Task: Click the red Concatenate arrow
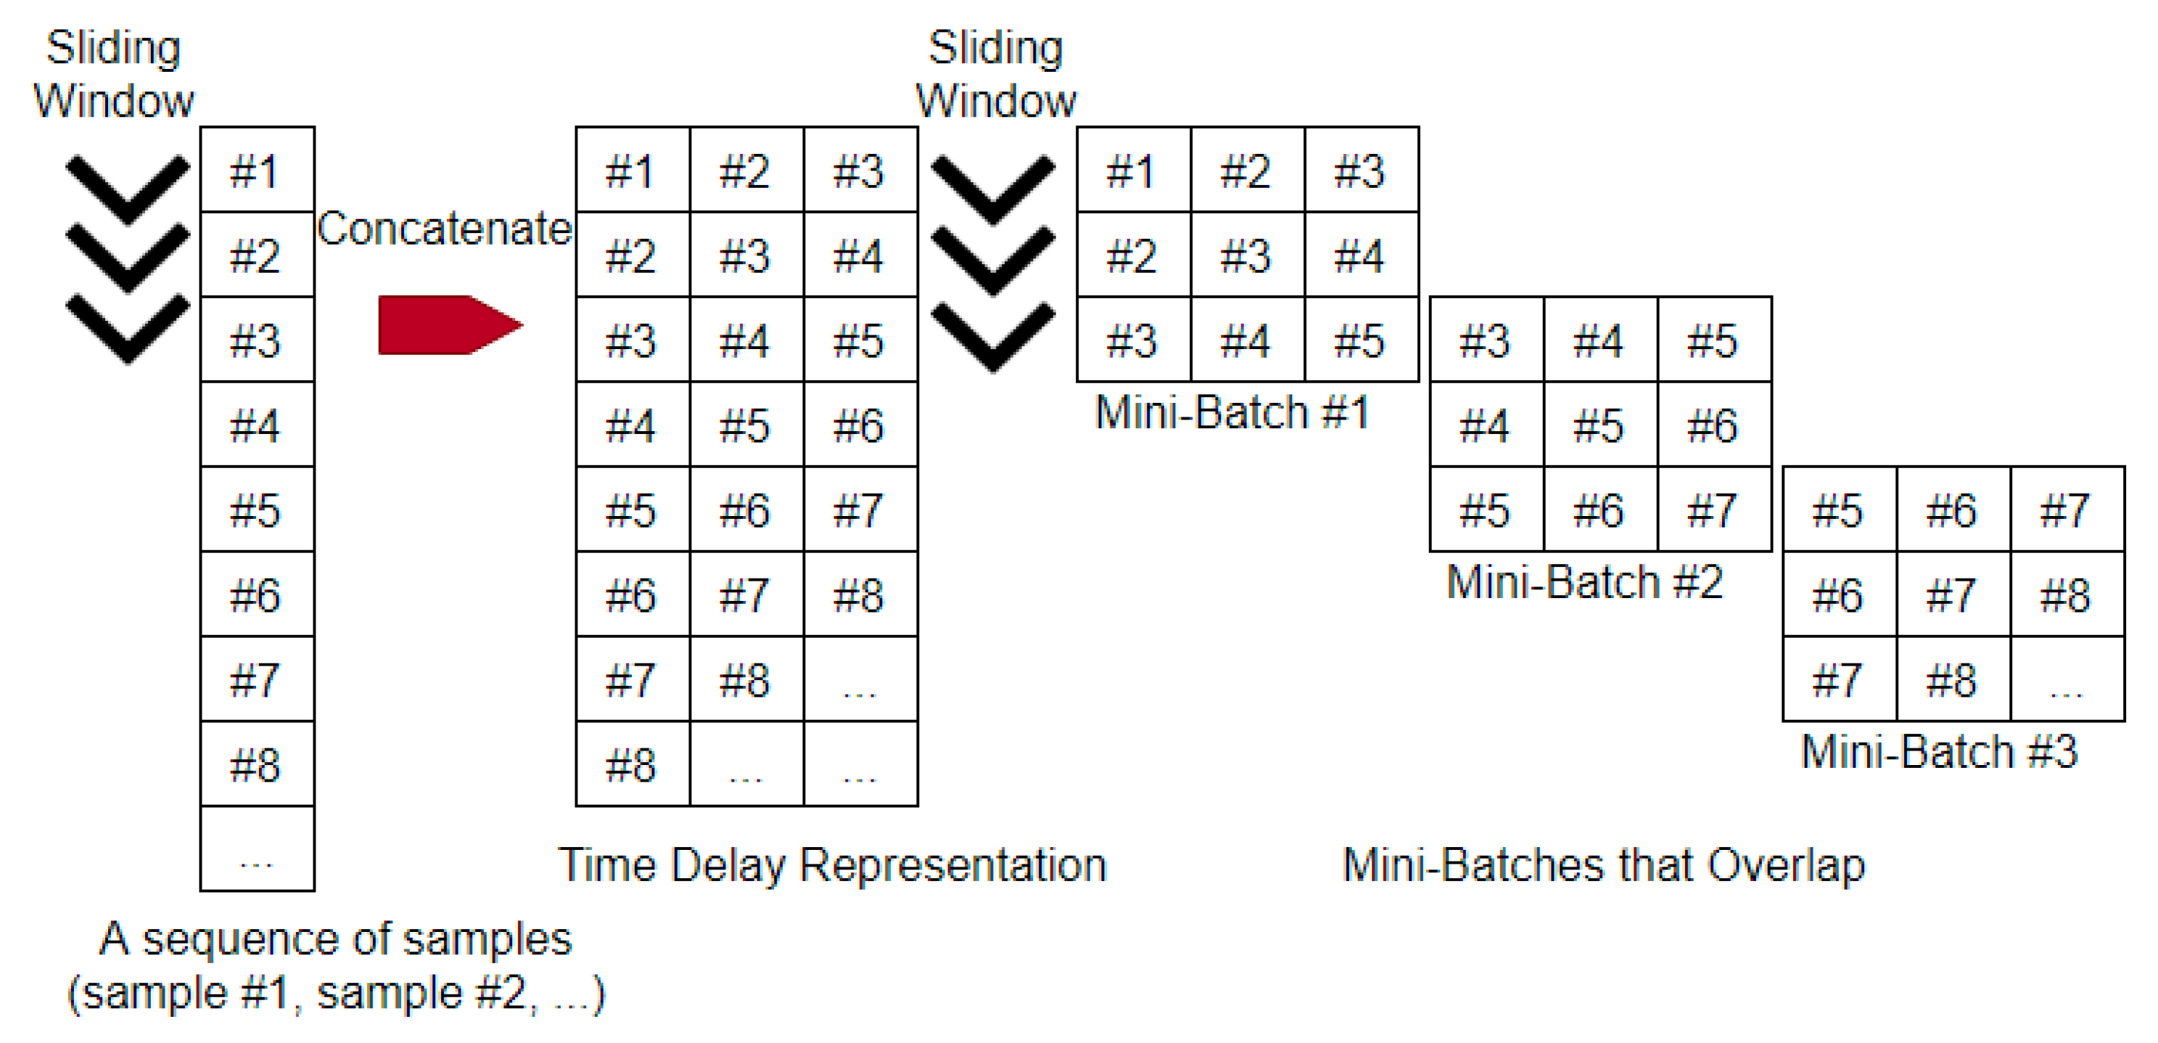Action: (449, 325)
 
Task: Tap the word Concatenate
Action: (444, 229)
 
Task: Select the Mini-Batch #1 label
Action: (1231, 413)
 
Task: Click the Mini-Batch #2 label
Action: (1584, 582)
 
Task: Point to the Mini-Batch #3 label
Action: (1939, 751)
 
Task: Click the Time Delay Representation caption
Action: (832, 865)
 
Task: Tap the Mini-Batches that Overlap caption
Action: (1604, 865)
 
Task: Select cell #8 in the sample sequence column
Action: (256, 765)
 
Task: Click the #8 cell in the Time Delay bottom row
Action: (631, 765)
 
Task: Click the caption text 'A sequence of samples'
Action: (335, 939)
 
